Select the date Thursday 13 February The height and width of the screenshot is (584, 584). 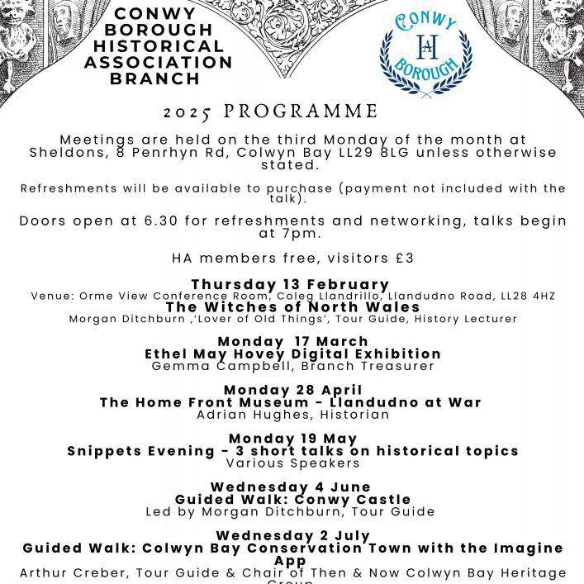coord(291,285)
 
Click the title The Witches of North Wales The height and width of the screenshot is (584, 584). coord(292,306)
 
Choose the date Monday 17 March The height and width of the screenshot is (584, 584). coord(292,342)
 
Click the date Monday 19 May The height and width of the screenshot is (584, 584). coord(292,439)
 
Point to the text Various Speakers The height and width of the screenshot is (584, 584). coord(292,463)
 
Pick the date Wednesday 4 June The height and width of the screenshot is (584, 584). coord(291,487)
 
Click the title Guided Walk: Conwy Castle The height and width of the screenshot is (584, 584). coord(292,500)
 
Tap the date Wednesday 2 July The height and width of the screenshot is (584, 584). coord(292,535)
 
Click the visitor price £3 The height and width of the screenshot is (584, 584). coord(401,258)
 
